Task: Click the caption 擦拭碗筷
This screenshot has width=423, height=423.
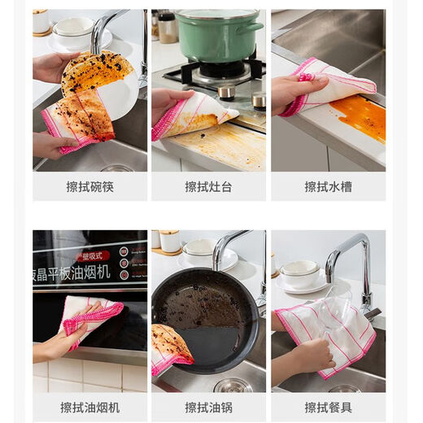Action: [89, 186]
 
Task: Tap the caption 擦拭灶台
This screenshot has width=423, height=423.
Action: [208, 186]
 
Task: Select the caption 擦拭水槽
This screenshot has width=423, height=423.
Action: [328, 186]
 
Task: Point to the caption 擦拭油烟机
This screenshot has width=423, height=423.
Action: [89, 407]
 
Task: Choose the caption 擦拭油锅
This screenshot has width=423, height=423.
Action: [208, 407]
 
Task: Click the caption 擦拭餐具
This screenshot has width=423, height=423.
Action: [328, 407]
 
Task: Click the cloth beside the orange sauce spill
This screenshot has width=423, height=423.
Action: [329, 85]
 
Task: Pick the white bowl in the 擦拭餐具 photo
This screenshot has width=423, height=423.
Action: [300, 273]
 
